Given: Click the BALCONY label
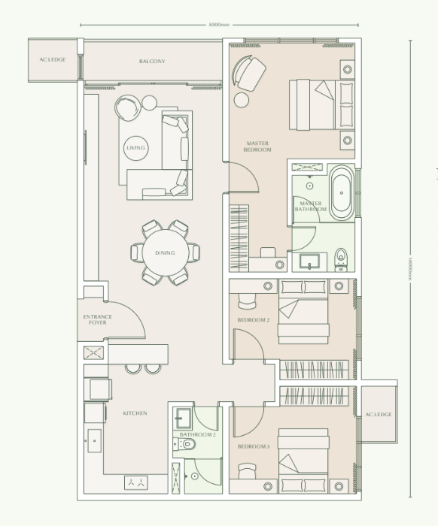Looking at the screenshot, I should tap(152, 61).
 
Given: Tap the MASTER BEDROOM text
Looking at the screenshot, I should tap(257, 146).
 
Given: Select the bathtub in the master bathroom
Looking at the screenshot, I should tap(340, 193).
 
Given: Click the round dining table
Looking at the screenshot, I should tap(165, 252).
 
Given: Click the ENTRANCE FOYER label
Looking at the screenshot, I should tap(98, 319).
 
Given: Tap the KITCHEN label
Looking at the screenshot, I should tap(135, 413).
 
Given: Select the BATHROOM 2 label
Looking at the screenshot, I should tap(198, 434).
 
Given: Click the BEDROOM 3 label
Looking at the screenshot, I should tap(253, 447).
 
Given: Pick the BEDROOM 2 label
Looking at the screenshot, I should tap(253, 320).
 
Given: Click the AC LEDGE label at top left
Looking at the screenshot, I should tap(53, 59).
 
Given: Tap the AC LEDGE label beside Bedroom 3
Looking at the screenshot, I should tap(379, 414).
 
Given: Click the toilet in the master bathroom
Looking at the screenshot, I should tap(341, 257).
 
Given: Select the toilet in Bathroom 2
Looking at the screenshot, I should tap(189, 445).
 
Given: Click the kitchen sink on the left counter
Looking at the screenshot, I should tap(93, 440).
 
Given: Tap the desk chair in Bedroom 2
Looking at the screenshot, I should tap(246, 300).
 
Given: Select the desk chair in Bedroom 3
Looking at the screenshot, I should tap(246, 470).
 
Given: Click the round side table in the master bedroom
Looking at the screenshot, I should tap(242, 99).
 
